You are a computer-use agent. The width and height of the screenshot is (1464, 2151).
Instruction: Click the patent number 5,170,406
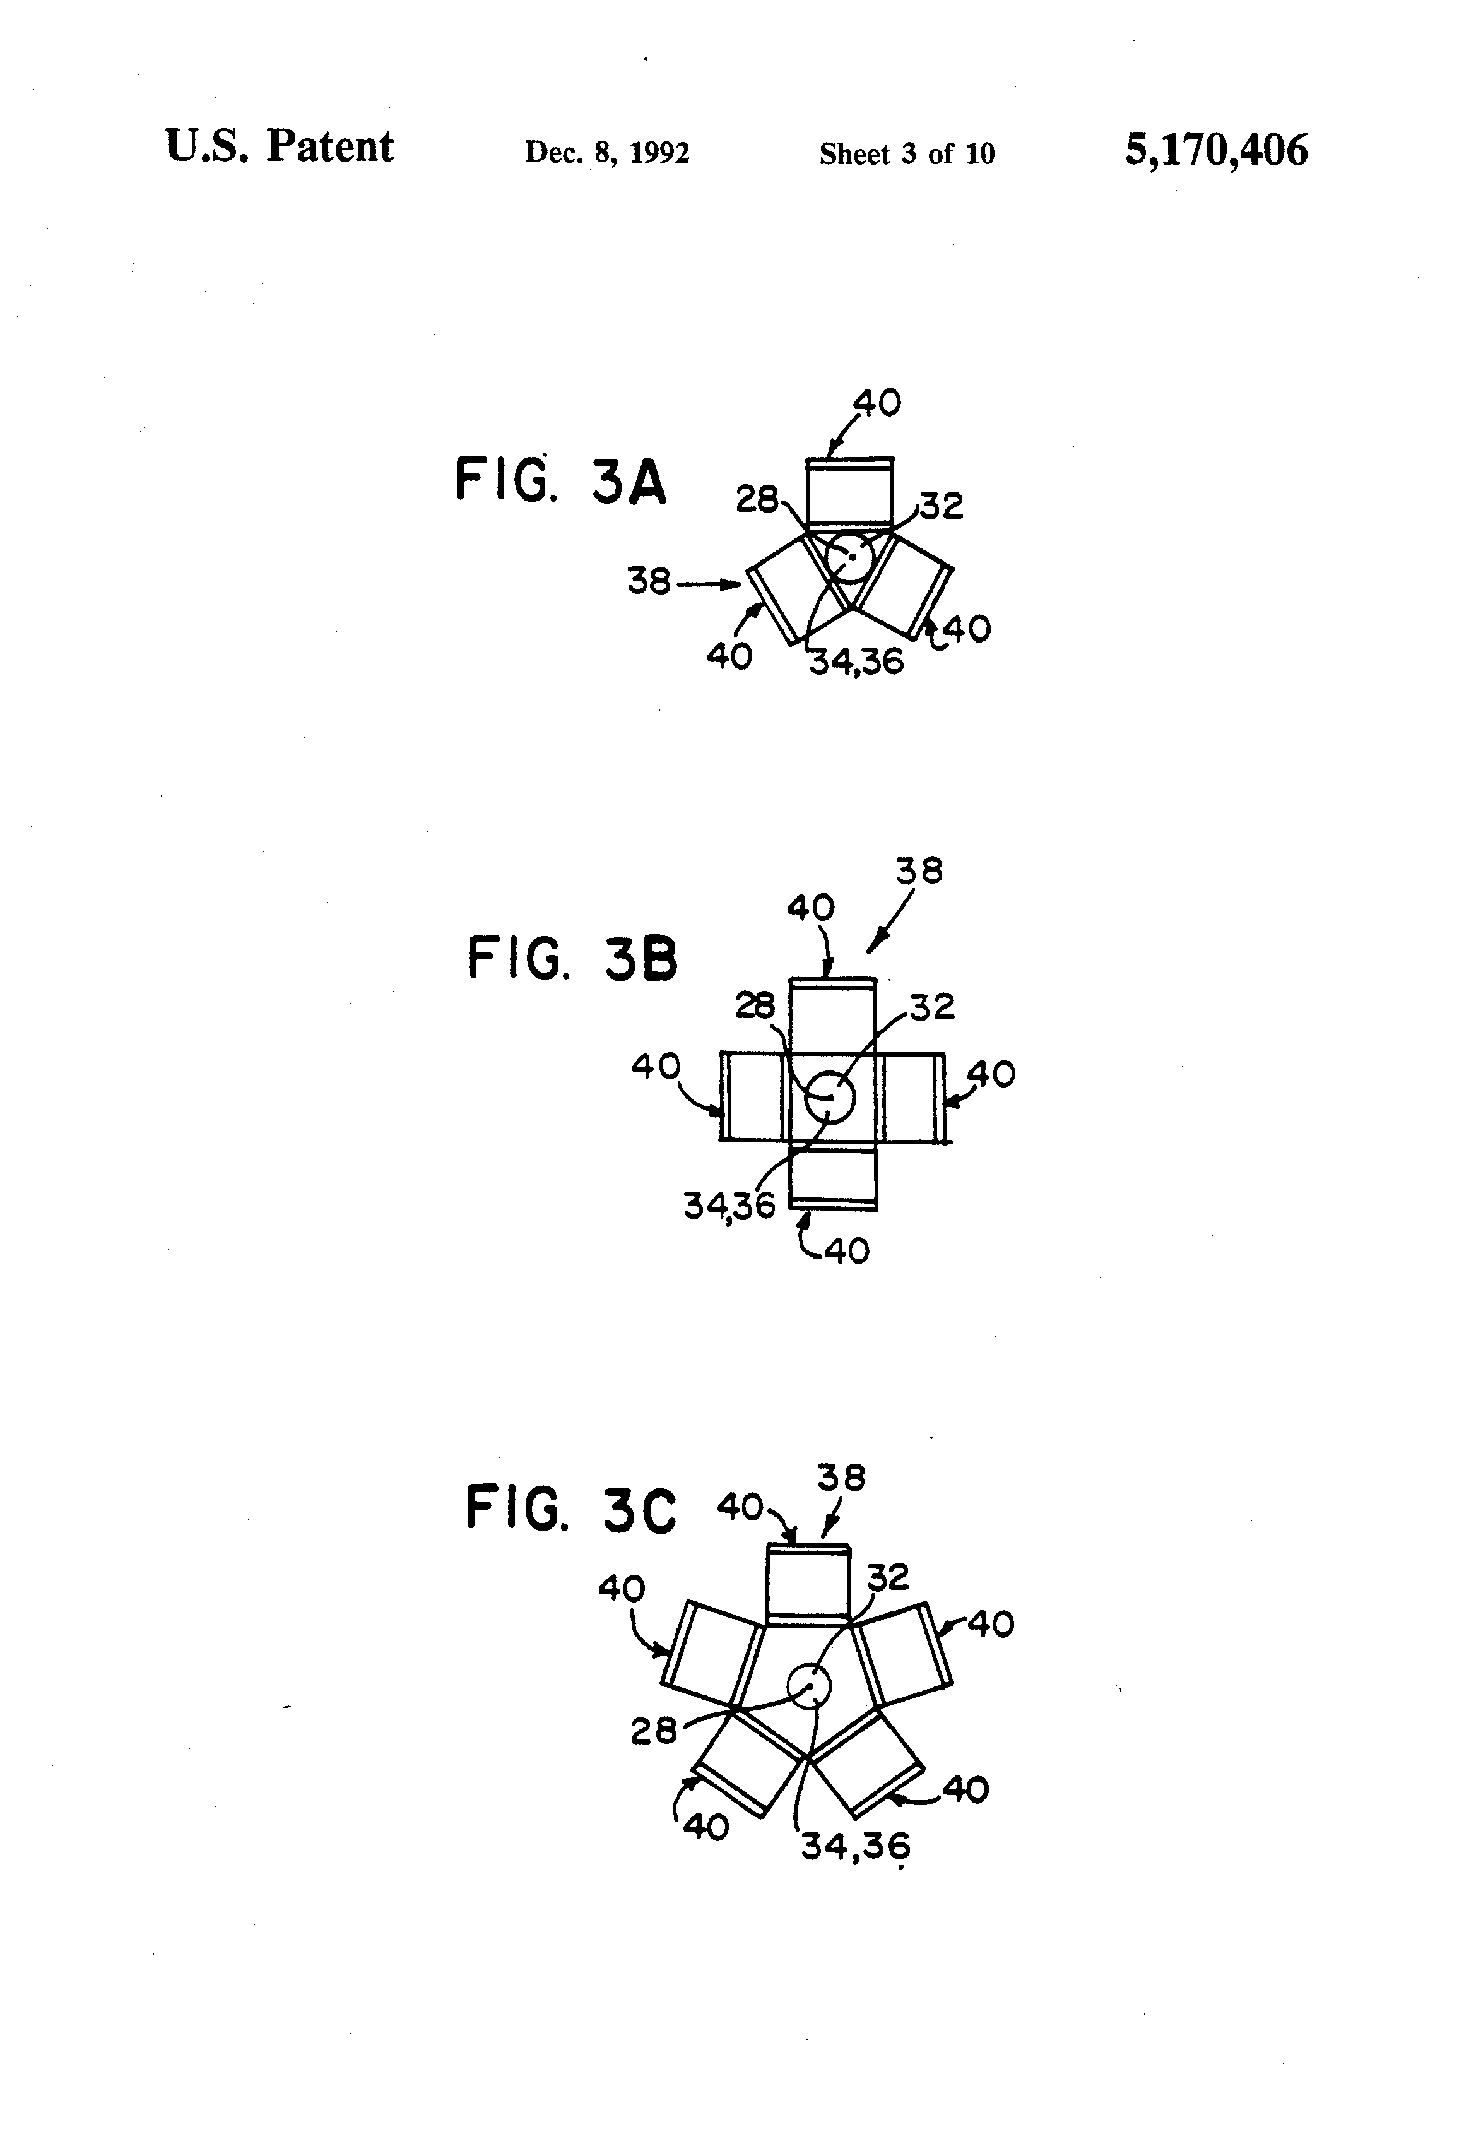1215,150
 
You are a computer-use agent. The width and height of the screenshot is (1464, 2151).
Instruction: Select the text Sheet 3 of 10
906,153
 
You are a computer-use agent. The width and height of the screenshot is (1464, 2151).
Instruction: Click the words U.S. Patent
280,146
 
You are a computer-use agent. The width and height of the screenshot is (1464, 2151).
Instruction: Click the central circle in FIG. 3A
849,556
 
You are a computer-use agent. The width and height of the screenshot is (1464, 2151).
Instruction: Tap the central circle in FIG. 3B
829,1097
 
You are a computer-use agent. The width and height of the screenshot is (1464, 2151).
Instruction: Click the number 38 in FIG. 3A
649,581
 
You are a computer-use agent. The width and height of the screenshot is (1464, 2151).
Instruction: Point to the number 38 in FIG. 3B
919,871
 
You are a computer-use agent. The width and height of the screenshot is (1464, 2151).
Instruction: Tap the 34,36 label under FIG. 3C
855,1847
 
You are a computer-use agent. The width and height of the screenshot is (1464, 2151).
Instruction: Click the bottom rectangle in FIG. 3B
833,1177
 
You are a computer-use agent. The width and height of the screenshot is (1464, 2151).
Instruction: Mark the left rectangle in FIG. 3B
754,1097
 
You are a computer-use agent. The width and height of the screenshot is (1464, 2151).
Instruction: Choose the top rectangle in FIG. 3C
808,1584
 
